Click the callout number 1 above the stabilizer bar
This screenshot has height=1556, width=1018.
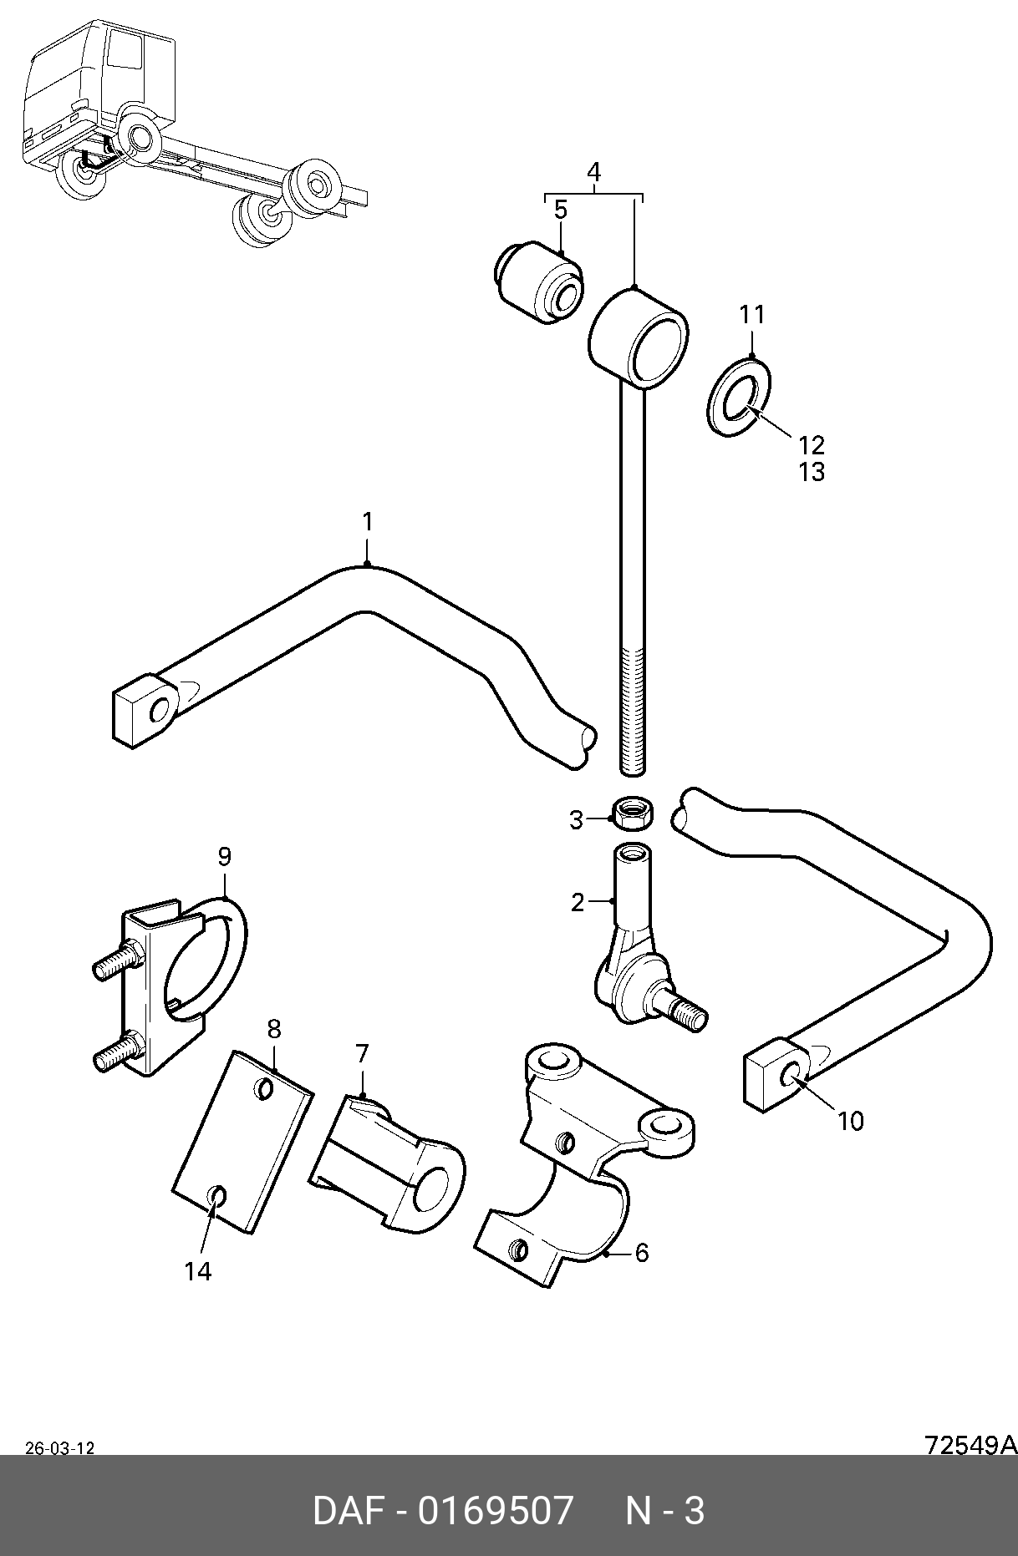tap(367, 522)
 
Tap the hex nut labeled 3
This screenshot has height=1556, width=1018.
tap(634, 813)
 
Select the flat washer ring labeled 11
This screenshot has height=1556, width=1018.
tap(739, 396)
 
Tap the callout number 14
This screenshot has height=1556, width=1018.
tap(198, 1271)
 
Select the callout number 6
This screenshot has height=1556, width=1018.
tap(642, 1253)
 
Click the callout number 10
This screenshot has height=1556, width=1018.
tap(850, 1121)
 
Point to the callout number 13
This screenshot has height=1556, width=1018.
tap(812, 472)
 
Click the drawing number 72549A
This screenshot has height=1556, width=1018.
tap(970, 1445)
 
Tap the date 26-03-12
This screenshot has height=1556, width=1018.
tap(59, 1449)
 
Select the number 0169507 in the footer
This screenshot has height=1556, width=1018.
tap(496, 1511)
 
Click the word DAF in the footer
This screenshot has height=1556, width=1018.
tap(349, 1511)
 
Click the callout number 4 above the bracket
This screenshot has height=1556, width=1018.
tap(593, 172)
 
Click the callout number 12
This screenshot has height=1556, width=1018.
tap(812, 444)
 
